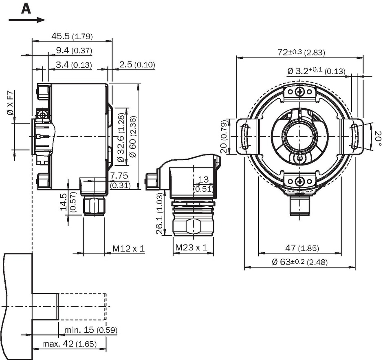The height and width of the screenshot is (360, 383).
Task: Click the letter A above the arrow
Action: [26, 9]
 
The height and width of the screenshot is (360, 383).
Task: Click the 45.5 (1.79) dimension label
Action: [72, 36]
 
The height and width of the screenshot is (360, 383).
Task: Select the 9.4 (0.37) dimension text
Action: [74, 51]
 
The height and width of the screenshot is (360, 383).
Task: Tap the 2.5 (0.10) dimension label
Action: [137, 65]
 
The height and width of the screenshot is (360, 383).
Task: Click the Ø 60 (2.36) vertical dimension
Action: [133, 137]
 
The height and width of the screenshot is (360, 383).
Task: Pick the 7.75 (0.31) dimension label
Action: [120, 180]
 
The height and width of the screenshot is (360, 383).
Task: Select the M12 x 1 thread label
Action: [128, 249]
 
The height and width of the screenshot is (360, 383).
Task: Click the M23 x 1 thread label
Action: [191, 247]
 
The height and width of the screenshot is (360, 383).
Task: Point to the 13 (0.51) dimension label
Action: [203, 184]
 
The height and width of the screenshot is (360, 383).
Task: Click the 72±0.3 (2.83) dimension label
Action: [302, 52]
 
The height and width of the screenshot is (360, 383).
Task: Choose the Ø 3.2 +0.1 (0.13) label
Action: [317, 71]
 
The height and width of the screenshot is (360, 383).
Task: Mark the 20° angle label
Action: [378, 139]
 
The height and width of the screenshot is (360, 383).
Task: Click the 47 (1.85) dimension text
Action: [302, 248]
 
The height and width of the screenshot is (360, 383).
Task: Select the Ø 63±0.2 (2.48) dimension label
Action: [300, 262]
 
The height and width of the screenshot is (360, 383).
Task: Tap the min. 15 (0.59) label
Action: [90, 330]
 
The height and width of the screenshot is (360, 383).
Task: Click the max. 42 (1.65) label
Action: [69, 344]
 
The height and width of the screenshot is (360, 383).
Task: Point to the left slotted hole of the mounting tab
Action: [244, 136]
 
